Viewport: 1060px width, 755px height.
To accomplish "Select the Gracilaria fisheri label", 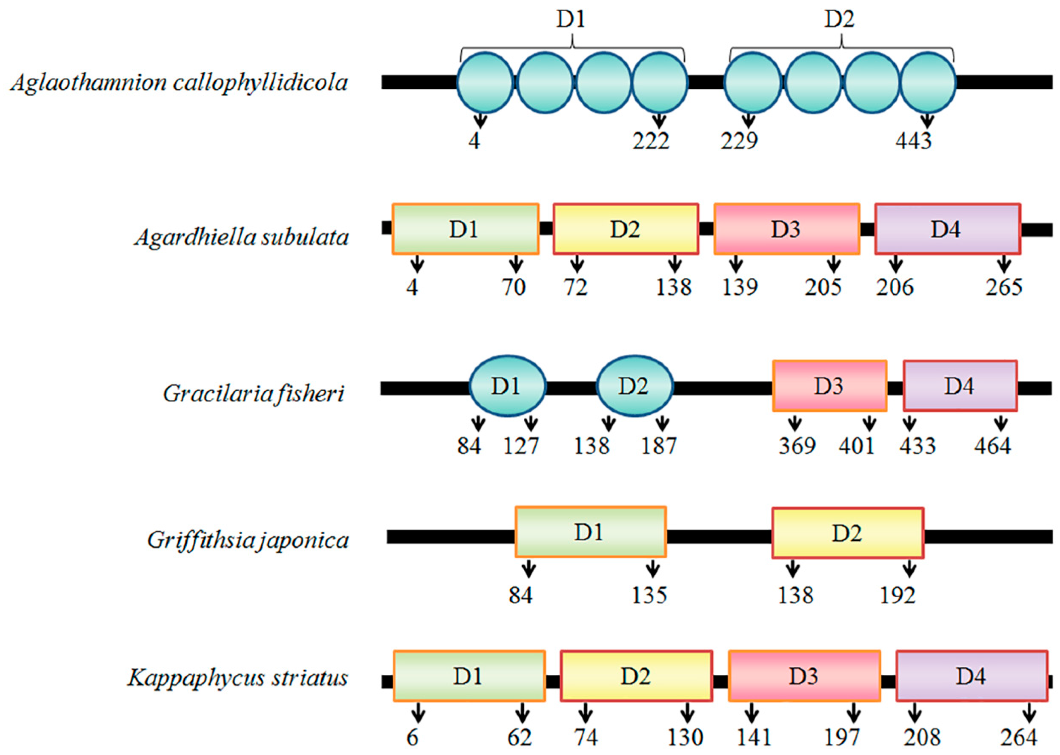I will point(253,394).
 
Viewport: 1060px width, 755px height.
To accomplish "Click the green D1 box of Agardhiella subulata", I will point(465,229).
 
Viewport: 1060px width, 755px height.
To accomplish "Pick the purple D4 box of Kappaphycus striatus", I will point(971,675).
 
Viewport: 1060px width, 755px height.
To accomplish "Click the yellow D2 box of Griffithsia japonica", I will point(847,532).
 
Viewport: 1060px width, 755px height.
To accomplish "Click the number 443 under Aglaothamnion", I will point(913,141).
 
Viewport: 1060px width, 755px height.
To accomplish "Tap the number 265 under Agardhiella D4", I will point(1004,287).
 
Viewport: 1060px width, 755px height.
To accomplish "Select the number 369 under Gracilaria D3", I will point(797,445).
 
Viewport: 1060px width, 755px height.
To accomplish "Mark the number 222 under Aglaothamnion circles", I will point(651,141).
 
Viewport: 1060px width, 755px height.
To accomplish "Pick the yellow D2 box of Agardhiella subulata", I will point(626,229).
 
